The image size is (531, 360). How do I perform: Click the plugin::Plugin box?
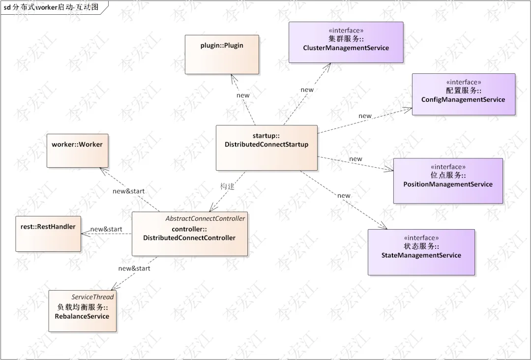222,55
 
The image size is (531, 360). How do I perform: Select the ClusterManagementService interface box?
346,42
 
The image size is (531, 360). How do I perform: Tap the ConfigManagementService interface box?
464,94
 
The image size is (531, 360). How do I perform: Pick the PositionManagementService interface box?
448,181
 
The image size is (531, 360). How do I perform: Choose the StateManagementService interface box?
421,252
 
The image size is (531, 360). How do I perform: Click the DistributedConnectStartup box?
267,148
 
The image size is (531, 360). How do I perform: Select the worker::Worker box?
78,150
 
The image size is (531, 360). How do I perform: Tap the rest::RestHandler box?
48,234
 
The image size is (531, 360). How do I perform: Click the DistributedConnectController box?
190,234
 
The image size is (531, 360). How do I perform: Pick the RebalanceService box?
82,311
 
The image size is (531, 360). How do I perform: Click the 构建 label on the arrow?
227,186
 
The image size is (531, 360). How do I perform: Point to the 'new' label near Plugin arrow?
243,95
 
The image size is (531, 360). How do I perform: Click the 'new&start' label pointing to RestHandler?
106,229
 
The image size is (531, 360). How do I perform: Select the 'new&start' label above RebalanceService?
134,269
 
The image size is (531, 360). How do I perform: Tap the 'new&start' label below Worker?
129,191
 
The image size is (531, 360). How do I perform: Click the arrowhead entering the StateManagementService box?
383,226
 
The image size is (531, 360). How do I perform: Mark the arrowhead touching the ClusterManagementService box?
327,67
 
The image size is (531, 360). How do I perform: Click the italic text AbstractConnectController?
205,219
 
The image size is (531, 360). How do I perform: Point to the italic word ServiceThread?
92,297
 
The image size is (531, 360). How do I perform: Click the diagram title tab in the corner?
54,7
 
